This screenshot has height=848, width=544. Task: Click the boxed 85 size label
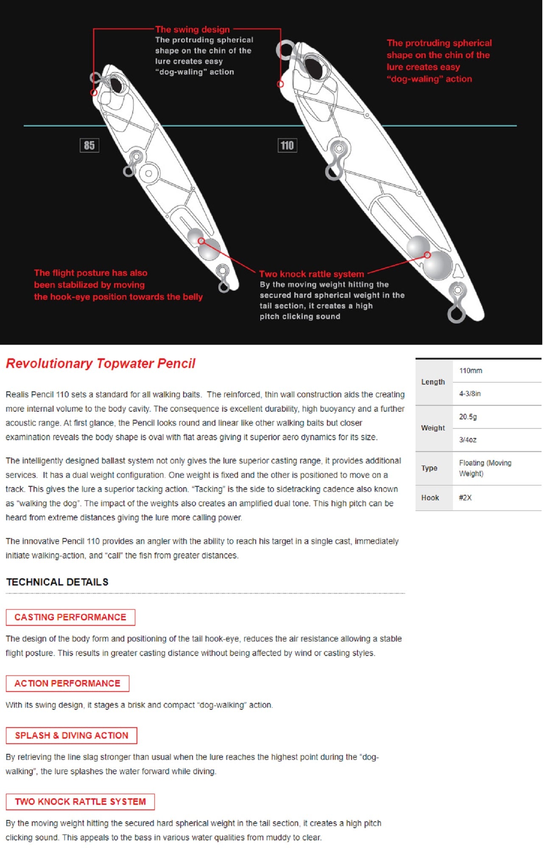89,145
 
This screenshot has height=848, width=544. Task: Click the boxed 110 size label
287,145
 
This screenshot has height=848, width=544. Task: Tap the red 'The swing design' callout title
192,29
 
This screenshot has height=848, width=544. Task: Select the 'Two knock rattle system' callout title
311,274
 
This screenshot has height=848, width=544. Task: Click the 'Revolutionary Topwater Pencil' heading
100,363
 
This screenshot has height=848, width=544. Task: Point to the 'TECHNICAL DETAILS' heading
57,582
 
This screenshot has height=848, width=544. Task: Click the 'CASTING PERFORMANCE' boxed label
70,617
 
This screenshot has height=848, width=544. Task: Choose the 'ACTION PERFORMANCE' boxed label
67,683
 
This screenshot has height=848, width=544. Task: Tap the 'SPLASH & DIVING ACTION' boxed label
71,736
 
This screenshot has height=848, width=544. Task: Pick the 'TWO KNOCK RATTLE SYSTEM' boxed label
80,802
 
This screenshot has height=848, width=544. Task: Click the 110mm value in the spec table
470,371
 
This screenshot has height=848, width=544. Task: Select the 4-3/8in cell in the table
470,393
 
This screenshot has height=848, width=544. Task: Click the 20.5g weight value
468,417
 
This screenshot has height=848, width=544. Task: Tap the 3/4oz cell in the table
468,440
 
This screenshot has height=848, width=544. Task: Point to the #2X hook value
465,498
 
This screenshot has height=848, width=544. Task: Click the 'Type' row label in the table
429,468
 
